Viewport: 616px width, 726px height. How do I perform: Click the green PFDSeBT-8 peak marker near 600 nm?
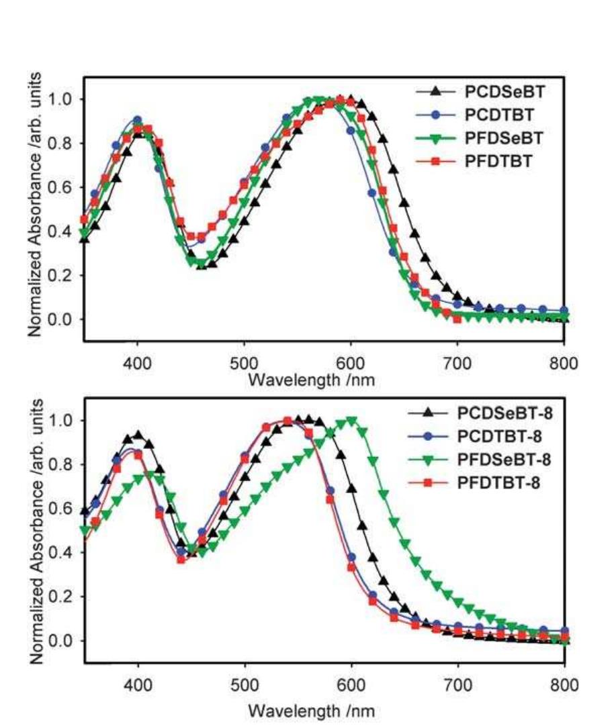click(351, 421)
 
